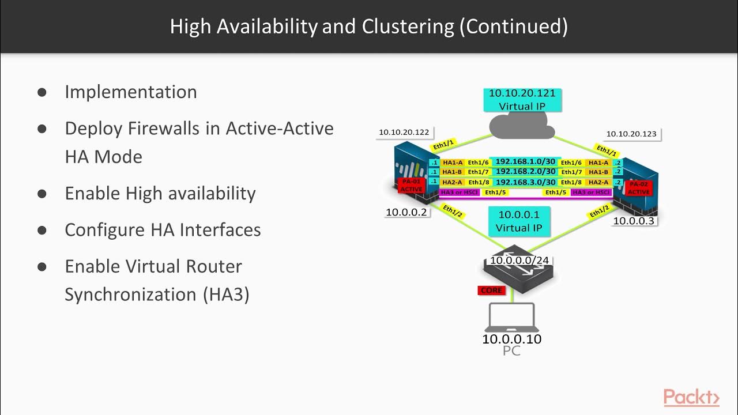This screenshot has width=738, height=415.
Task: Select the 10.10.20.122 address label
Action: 404,133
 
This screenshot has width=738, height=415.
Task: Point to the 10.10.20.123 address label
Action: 631,134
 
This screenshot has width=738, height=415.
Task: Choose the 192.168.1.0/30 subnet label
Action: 525,162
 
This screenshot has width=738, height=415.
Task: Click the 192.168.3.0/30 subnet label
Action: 525,182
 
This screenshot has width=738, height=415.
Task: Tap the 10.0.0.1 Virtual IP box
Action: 519,221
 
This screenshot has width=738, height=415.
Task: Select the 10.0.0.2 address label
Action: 406,212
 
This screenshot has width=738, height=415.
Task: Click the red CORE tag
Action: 491,290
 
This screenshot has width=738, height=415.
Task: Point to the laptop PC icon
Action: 511,317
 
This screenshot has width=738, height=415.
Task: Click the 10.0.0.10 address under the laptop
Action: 511,339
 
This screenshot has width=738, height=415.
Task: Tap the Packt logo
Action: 691,397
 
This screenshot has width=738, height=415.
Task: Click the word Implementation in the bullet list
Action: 131,92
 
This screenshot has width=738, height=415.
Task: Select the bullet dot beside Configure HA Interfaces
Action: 42,230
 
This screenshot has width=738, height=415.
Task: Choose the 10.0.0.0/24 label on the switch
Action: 519,261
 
